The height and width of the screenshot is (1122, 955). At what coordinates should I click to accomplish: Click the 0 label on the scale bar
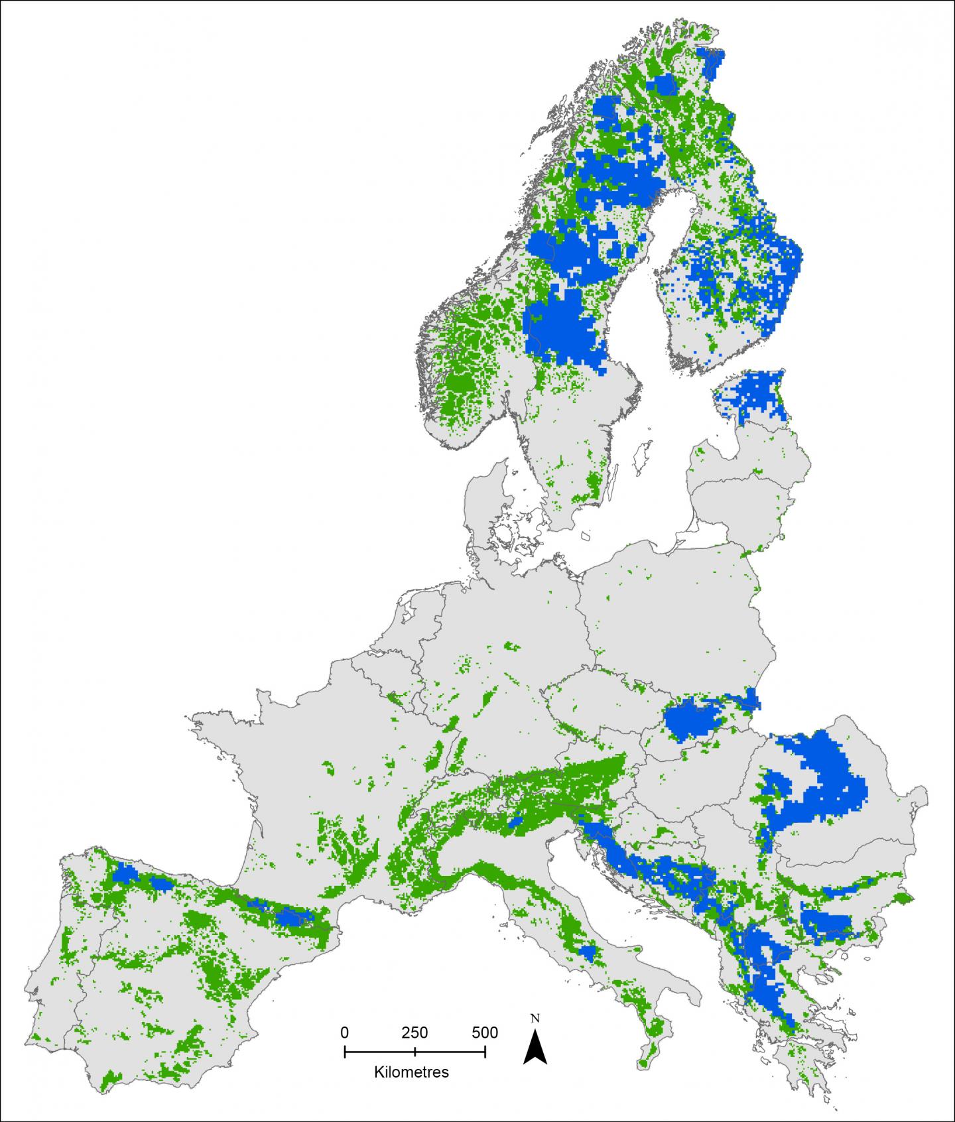[344, 1032]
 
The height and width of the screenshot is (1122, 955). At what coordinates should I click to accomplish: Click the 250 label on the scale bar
[414, 1032]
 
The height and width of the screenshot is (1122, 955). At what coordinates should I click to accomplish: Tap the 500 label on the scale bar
[485, 1032]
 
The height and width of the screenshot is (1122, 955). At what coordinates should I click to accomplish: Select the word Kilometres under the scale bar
[411, 1072]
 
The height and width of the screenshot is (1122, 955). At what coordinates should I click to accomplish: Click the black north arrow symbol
[535, 1050]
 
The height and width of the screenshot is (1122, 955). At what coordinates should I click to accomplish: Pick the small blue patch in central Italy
[587, 951]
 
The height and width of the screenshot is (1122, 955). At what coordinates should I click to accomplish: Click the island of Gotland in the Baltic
[641, 457]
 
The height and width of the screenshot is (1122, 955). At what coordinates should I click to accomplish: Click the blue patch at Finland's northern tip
[715, 63]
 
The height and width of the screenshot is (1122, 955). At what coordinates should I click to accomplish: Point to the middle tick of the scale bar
[414, 1052]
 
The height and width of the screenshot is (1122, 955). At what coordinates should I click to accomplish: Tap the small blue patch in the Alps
[515, 823]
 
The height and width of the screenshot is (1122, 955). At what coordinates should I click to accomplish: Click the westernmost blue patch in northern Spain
[124, 875]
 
